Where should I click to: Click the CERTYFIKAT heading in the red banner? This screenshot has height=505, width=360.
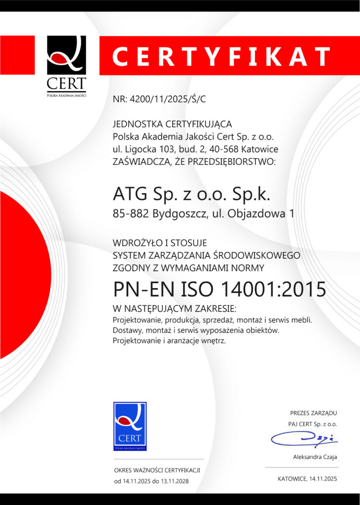221,56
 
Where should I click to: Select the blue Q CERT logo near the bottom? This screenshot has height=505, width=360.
130,426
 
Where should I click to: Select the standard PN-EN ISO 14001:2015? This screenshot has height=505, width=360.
219,289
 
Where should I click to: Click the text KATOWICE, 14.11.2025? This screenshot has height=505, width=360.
307,479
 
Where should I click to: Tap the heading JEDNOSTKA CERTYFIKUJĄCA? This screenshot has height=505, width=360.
172,124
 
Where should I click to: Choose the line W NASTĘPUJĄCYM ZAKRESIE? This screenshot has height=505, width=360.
175,309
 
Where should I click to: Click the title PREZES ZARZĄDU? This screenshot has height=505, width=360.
314,413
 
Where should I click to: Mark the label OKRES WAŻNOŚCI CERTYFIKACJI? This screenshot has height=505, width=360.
157,470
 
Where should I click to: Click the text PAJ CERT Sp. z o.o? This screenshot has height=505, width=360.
313,424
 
